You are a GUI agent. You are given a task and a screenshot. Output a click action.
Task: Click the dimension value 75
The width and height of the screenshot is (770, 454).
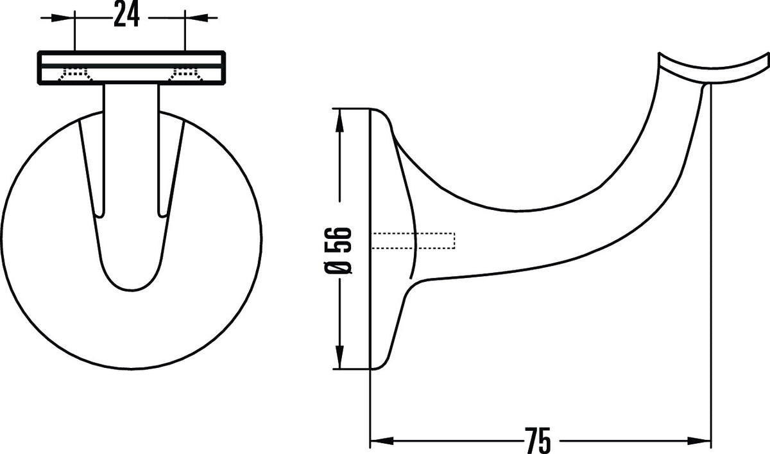(538, 441)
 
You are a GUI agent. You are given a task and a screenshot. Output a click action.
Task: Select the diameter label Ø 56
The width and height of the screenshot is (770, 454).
(338, 250)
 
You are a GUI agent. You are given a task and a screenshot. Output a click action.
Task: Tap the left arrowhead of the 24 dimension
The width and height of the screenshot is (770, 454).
(64, 17)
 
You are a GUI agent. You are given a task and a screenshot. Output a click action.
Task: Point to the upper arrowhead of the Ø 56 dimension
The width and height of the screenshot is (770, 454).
(339, 120)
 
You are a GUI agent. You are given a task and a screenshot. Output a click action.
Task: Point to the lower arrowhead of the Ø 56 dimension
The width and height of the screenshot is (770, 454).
(339, 357)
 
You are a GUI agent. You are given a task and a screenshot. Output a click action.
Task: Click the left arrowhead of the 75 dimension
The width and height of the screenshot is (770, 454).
(382, 441)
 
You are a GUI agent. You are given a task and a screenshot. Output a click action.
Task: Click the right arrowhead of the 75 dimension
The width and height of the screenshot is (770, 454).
(699, 441)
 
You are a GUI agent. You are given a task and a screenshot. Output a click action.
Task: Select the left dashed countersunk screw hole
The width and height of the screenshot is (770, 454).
(76, 73)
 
